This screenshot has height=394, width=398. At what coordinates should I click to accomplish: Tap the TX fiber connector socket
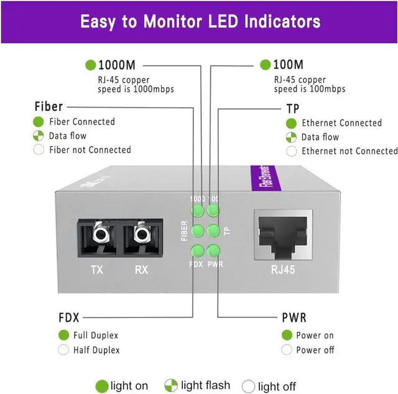[98, 236]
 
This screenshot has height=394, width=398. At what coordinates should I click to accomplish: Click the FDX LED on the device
[198, 251]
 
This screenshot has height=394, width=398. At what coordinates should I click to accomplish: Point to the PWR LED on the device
[213, 251]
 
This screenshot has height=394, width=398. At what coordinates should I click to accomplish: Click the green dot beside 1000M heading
[91, 64]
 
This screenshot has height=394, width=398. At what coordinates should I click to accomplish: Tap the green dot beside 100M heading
[266, 64]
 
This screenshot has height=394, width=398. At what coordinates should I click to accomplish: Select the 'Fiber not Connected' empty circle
[39, 149]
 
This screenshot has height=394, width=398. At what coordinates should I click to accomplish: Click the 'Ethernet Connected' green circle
[292, 123]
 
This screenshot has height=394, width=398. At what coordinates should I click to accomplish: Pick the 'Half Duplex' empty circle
[63, 350]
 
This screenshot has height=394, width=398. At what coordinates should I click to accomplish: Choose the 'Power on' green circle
[287, 335]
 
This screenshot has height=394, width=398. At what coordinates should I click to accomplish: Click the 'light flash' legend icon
[171, 386]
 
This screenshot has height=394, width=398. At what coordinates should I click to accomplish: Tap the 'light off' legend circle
[249, 386]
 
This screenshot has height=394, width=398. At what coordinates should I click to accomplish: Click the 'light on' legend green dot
[101, 386]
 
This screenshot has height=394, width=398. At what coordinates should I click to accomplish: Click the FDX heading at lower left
[69, 317]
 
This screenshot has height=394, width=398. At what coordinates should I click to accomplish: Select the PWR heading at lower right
[294, 318]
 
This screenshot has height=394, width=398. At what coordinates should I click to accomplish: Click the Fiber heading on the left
[49, 106]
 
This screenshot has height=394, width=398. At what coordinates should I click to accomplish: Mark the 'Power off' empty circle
[287, 350]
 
